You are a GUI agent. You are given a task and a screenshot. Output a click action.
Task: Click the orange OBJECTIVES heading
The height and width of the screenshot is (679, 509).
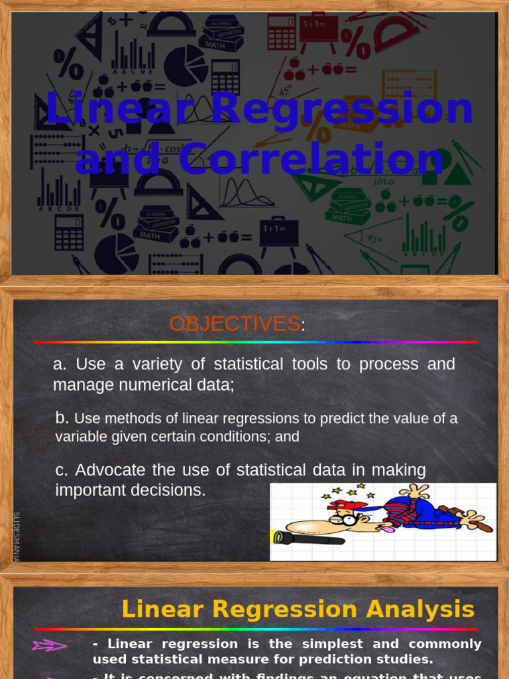pyautogui.click(x=234, y=324)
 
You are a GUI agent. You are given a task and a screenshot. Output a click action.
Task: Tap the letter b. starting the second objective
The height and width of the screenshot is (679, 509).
pyautogui.click(x=62, y=418)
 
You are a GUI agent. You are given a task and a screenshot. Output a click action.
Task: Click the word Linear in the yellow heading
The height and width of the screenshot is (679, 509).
pyautogui.click(x=158, y=609)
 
